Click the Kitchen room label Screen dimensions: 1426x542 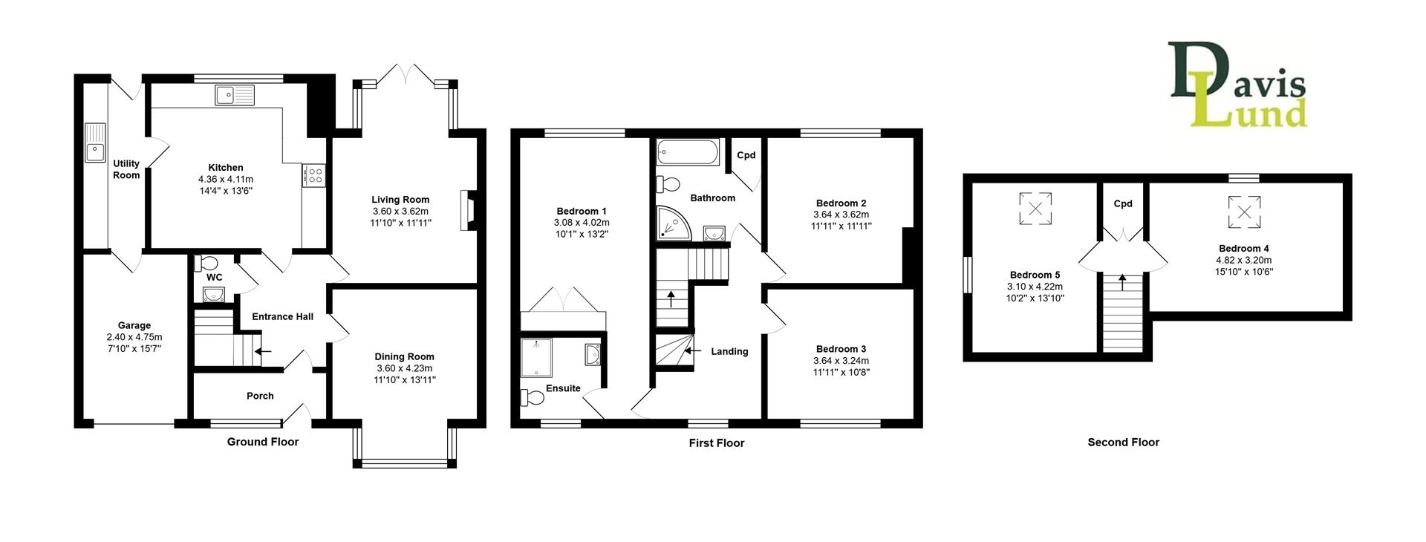click(226, 168)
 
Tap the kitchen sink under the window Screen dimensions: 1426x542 click(235, 94)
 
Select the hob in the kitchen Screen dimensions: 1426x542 click(314, 175)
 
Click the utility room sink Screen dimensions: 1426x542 click(95, 143)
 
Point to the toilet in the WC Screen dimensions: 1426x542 click(206, 264)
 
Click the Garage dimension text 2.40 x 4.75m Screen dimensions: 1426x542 click(134, 336)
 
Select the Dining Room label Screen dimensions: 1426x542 click(404, 357)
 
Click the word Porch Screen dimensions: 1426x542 click(260, 396)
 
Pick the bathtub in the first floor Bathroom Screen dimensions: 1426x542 click(688, 152)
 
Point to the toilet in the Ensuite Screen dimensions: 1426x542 click(533, 399)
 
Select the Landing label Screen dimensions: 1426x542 click(729, 351)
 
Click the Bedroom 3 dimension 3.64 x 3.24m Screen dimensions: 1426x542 click(841, 361)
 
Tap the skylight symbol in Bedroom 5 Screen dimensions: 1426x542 click(1035, 207)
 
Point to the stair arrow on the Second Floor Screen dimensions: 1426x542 click(1121, 283)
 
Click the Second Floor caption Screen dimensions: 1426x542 click(1123, 442)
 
